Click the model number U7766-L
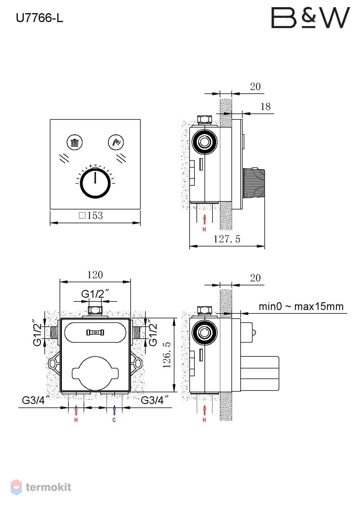coord(40,18)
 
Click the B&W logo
coord(311,18)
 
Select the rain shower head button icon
coord(75,142)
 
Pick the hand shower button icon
coord(116,142)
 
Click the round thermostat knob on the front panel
coord(96,183)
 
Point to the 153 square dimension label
coord(91,215)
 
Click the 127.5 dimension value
coord(227,239)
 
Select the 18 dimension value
coord(266,107)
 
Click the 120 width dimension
coord(95,275)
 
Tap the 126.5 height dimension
coord(167,355)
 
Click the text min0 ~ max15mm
coord(301,307)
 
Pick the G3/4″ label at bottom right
coord(155,400)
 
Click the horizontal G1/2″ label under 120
coord(95,294)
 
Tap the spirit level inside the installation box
coord(95,333)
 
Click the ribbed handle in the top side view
coord(254,183)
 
